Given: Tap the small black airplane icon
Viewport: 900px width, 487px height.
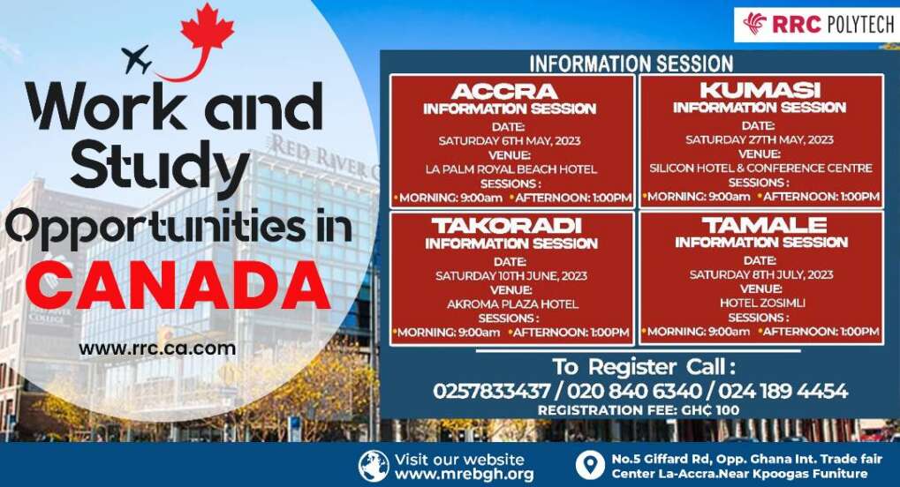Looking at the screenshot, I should click(137, 60).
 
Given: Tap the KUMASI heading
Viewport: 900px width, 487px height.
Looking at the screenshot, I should click(760, 91).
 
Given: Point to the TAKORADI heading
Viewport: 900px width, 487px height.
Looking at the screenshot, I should click(511, 227).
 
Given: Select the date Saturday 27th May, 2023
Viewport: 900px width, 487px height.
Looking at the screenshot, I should click(760, 139).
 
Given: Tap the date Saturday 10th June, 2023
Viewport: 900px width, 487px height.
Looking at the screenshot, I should click(511, 275).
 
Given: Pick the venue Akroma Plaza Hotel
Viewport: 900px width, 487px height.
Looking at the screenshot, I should click(511, 303).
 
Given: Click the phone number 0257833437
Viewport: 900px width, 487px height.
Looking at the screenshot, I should click(485, 391).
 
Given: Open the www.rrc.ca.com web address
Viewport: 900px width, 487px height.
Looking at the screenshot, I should click(157, 348).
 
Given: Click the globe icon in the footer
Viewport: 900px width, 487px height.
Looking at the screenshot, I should click(374, 466).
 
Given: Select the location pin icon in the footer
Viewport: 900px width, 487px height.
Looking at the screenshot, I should click(589, 466).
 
